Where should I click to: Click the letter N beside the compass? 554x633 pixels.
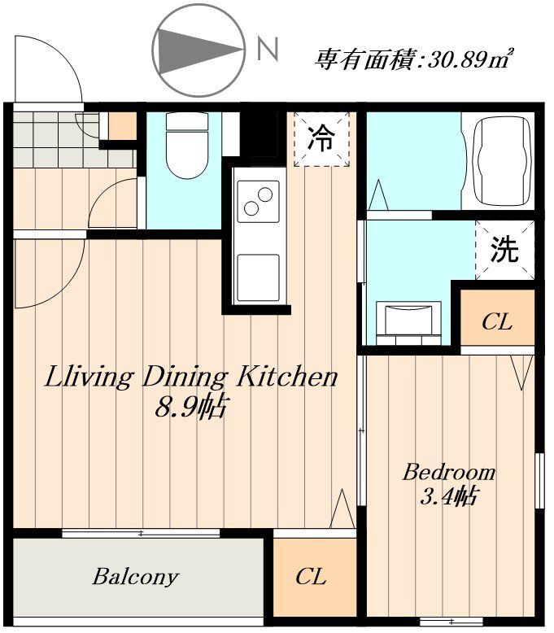pos(267,50)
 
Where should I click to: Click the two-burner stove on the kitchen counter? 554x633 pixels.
pos(258,200)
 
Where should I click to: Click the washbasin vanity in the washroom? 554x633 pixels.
pos(412,317)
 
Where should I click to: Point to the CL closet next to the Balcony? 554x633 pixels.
pos(311,577)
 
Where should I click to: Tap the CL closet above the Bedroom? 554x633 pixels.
pos(496,321)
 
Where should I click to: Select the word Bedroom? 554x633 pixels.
pos(448,472)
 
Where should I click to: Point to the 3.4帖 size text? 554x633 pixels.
pos(447,495)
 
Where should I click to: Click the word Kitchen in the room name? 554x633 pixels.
pos(286,377)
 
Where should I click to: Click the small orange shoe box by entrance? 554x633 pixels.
pos(122,125)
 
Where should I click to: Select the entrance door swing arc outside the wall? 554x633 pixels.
pos(47,68)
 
